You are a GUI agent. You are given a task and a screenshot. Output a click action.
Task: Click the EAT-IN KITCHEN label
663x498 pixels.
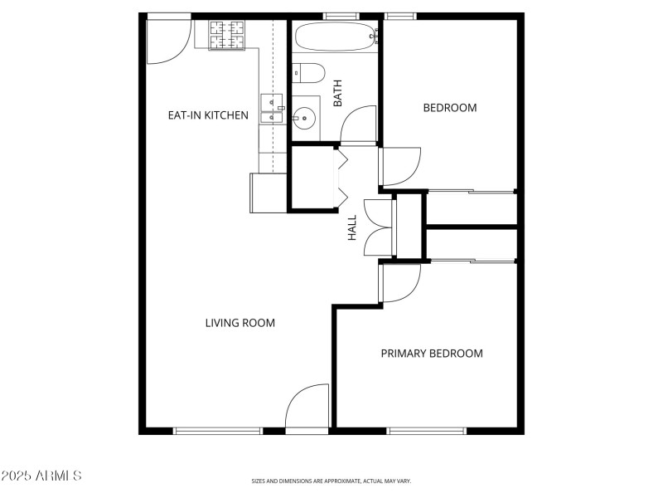click(208, 115)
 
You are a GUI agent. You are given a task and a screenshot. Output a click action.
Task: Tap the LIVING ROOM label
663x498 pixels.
click(240, 323)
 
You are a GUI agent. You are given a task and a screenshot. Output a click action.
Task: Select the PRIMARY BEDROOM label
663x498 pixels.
click(431, 354)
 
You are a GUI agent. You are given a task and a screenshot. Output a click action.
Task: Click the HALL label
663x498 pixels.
click(352, 228)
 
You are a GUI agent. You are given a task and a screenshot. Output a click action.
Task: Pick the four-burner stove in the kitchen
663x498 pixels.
click(225, 36)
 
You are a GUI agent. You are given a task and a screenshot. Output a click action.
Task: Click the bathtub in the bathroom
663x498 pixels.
click(335, 37)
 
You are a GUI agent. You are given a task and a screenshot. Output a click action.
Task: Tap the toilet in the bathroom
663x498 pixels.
click(307, 74)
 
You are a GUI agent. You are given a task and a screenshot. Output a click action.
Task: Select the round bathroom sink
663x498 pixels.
click(304, 118)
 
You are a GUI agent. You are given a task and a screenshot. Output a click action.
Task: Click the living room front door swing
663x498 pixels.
click(307, 407)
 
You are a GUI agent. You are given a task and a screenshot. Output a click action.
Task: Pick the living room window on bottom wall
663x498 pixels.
click(218, 431)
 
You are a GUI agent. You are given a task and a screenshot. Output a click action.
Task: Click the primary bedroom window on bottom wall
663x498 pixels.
click(427, 431)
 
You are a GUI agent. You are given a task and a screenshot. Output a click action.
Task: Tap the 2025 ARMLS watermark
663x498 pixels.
click(41, 476)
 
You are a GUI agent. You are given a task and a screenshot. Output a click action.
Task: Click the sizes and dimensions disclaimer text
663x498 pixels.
click(331, 481)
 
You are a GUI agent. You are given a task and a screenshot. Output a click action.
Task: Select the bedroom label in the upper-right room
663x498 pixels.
click(450, 108)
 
